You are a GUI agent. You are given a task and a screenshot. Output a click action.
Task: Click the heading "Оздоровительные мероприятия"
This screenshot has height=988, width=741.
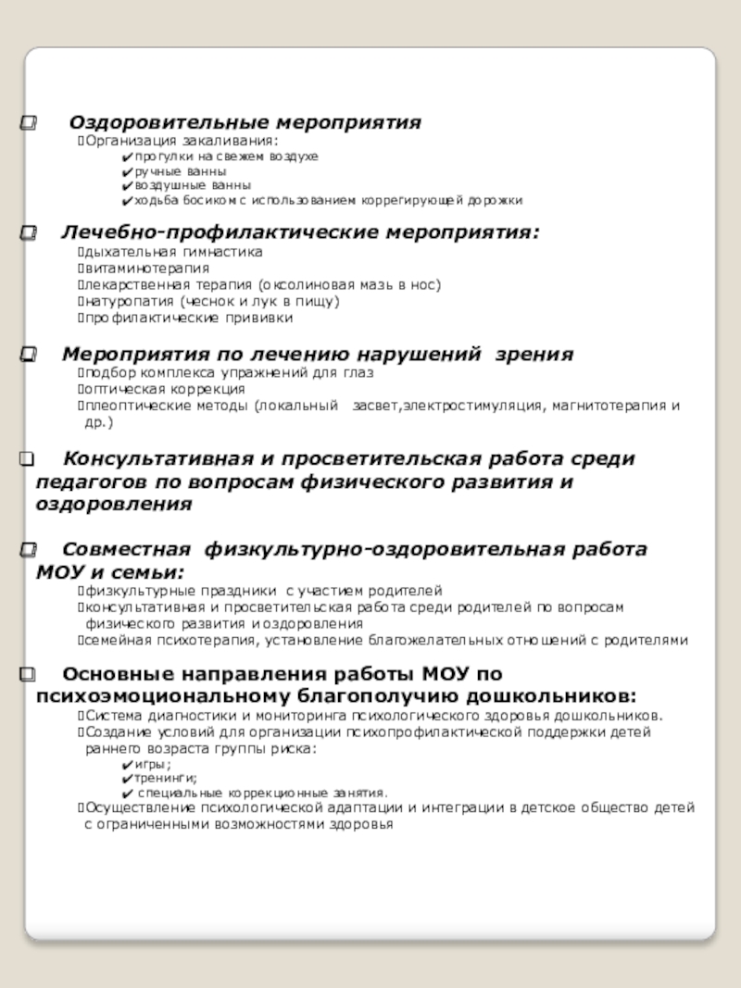245,122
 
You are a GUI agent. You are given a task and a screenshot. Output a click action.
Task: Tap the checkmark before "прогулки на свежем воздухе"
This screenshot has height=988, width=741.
126,157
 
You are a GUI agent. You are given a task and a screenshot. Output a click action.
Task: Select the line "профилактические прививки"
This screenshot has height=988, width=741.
189,319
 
